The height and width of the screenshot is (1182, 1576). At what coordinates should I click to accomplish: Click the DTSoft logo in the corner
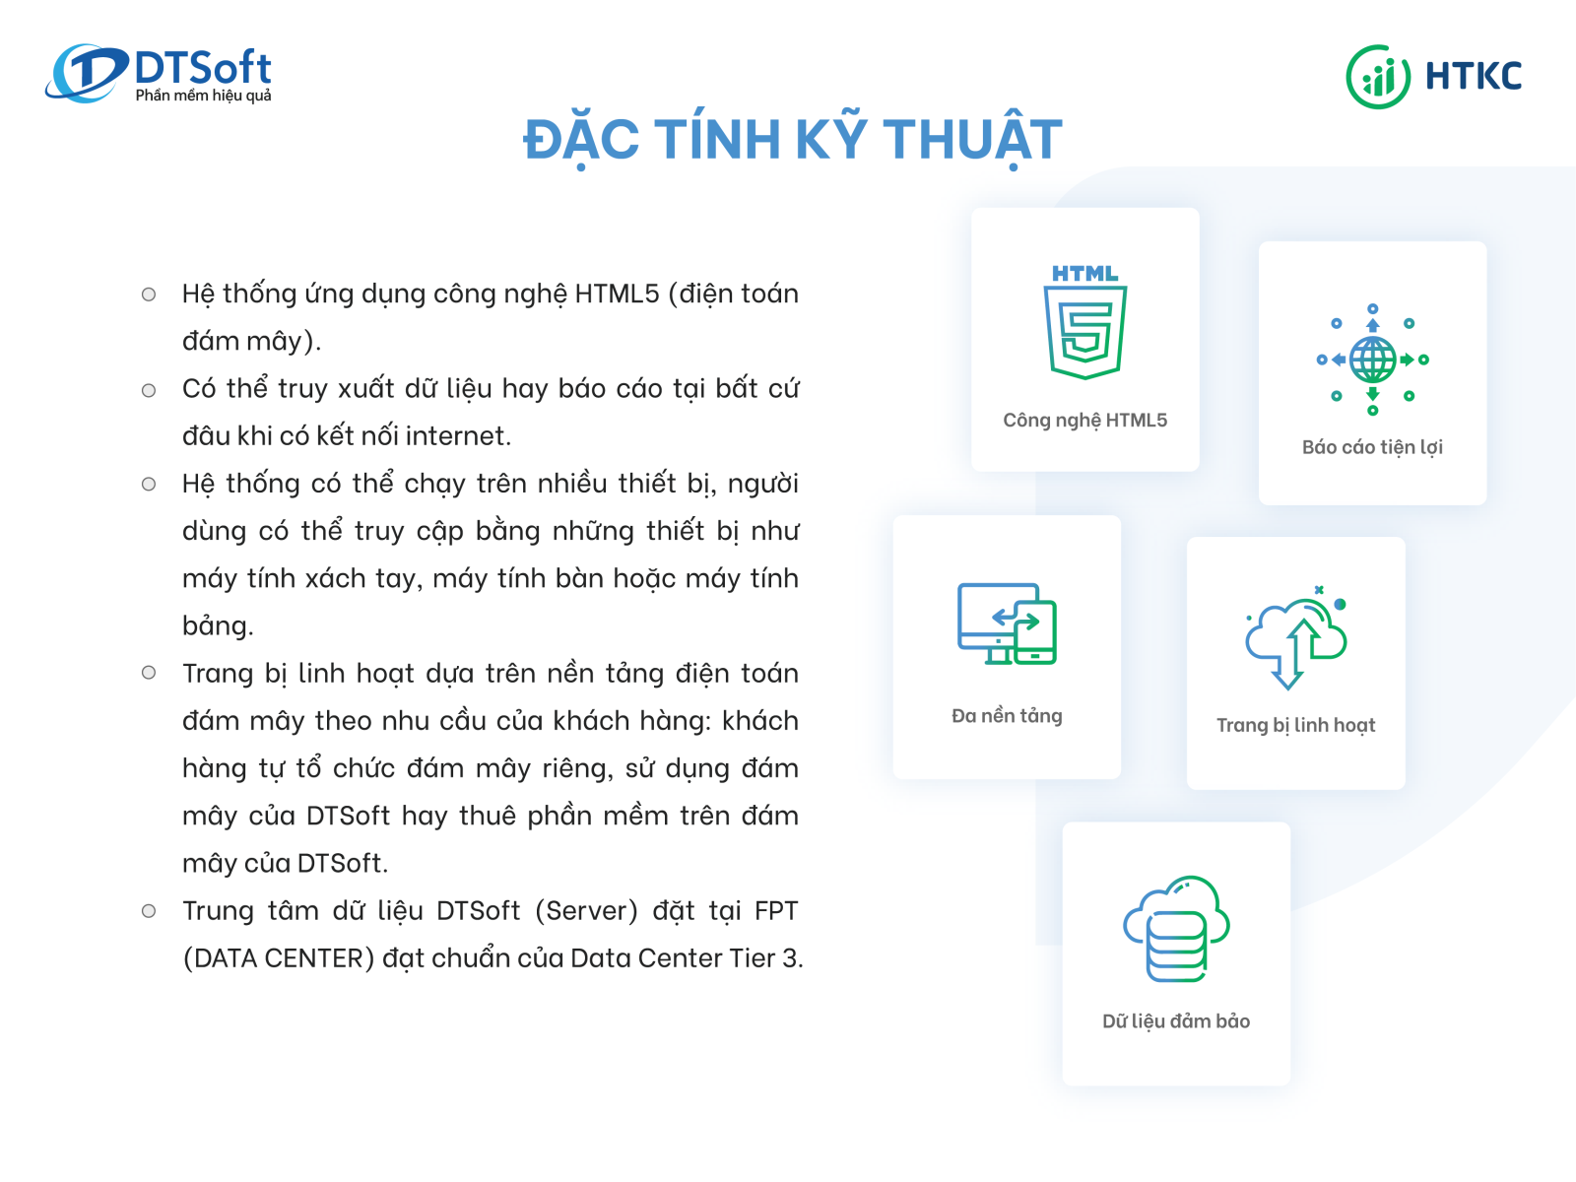click(x=158, y=73)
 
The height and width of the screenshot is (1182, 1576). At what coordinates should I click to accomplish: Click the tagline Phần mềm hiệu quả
click(x=203, y=95)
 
